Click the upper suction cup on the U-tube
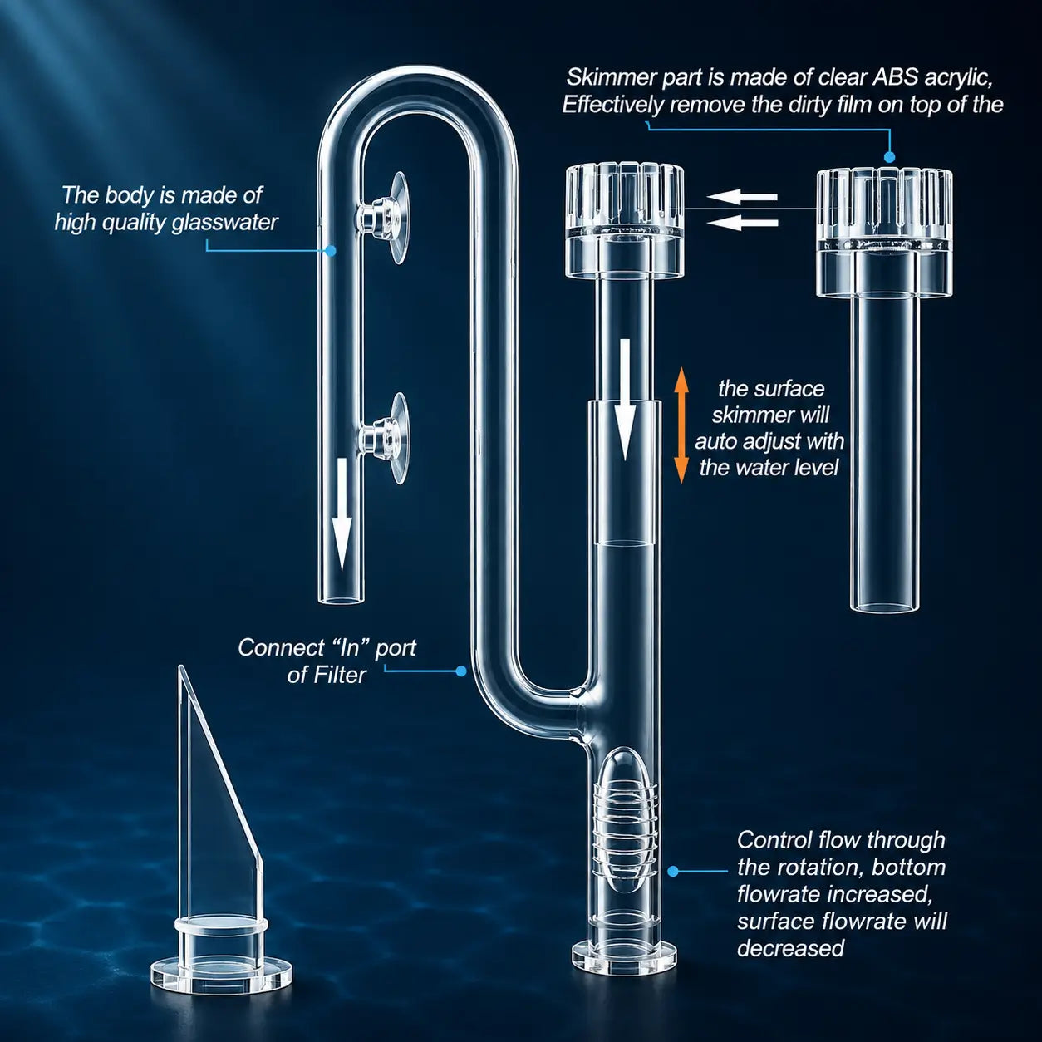(385, 218)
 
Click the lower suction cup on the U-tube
(385, 438)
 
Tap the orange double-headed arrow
(681, 425)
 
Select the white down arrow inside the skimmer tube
(625, 400)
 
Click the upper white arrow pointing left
(742, 197)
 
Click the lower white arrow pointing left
(742, 222)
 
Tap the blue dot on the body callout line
(331, 250)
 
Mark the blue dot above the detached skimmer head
(889, 157)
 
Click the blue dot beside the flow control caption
(673, 871)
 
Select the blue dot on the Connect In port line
(460, 671)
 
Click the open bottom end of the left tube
(340, 598)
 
